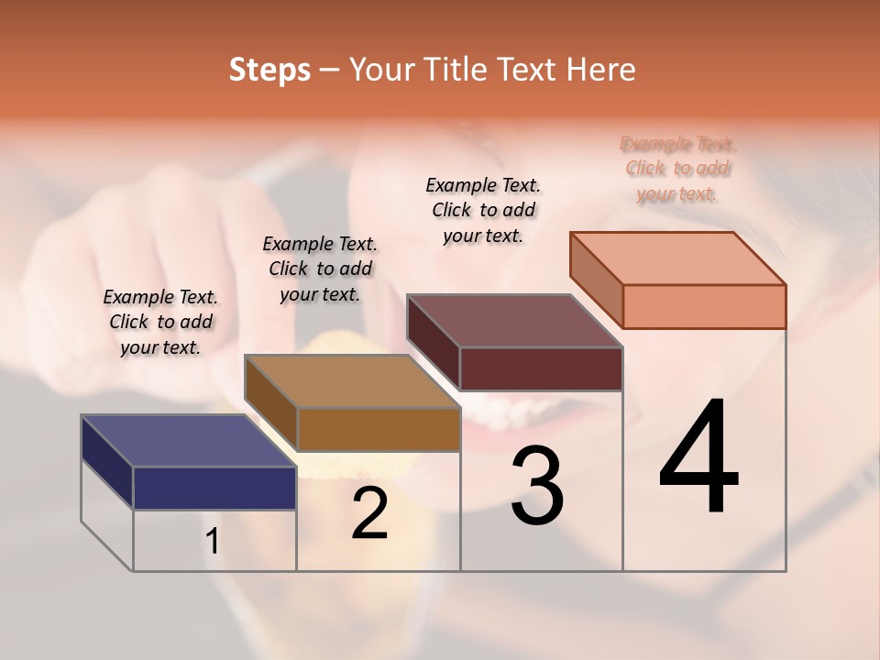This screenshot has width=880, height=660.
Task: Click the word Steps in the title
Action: pos(269,70)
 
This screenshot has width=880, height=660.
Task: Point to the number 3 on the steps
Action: pos(536,486)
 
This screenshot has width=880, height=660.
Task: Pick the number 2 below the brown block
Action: pos(369,513)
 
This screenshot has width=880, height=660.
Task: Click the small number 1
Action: pos(213,542)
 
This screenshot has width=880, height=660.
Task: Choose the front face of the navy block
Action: pos(214,488)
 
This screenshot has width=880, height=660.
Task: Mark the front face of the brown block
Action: pos(379,429)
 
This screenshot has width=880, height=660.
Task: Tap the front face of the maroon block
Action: pos(541,368)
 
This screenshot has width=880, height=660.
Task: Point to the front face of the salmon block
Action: pos(704,306)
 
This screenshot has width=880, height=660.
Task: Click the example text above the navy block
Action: pos(160,322)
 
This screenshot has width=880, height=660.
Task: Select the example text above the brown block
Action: pos(320,269)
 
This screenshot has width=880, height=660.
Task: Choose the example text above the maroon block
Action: pos(483,210)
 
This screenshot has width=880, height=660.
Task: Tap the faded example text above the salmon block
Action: pos(677,169)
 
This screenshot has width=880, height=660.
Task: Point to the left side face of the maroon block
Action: pos(433,342)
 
